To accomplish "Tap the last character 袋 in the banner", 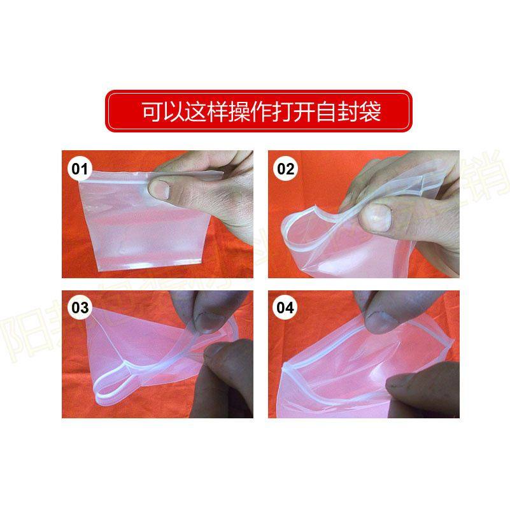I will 369,112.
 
